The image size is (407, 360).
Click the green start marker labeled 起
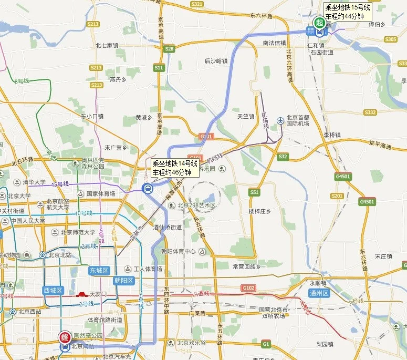319,22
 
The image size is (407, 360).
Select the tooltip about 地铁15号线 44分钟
348,12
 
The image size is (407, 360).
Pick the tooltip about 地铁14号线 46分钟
175,168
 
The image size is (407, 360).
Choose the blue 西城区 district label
53,290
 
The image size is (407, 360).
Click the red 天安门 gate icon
81,295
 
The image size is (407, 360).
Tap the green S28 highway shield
169,49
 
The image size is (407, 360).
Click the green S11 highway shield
159,68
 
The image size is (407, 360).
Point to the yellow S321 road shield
197,4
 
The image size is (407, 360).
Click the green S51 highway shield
255,192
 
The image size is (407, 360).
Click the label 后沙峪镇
216,61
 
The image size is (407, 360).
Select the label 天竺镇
245,116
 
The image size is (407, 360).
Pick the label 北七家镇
107,45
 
